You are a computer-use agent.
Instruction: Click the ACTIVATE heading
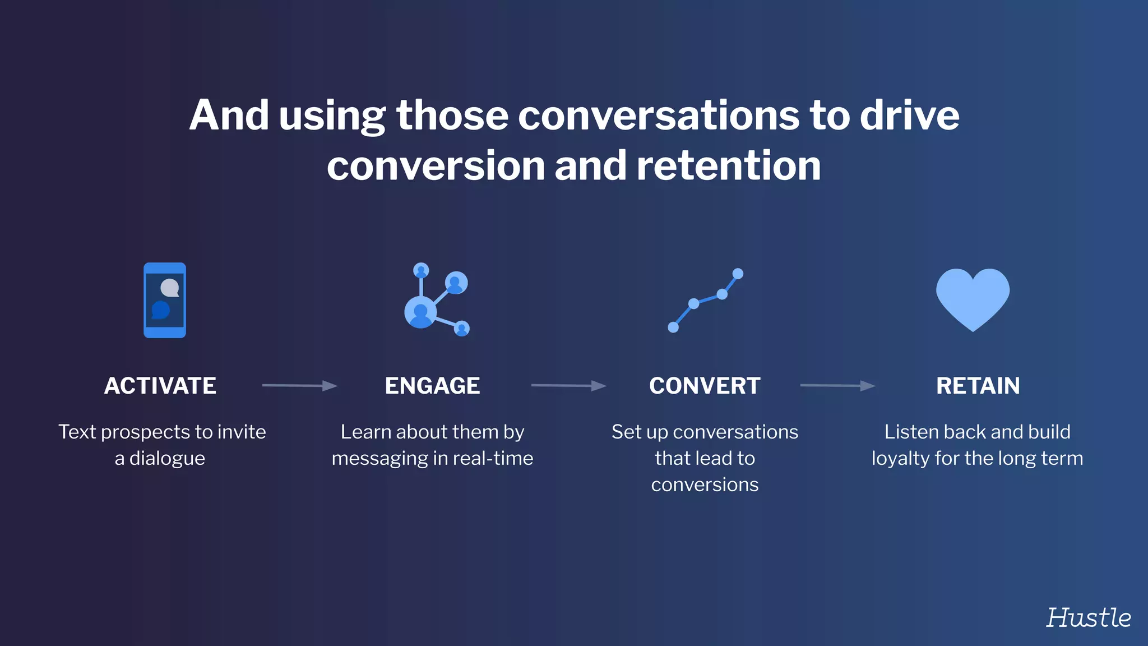click(x=160, y=386)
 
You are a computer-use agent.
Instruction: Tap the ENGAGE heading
click(x=432, y=386)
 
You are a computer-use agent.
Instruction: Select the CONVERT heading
click(x=705, y=386)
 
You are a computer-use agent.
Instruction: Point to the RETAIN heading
click(x=978, y=386)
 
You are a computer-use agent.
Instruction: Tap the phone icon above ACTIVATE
click(x=164, y=300)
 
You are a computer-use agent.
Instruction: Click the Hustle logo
click(x=1088, y=617)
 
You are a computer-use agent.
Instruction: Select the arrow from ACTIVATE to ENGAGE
click(x=299, y=385)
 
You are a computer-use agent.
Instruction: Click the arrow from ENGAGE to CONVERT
click(x=568, y=385)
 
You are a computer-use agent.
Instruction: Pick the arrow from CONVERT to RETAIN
click(x=837, y=385)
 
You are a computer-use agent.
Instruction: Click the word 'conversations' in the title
click(x=659, y=116)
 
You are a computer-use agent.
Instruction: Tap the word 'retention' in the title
click(x=729, y=166)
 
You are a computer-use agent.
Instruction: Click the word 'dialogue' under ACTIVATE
click(x=167, y=459)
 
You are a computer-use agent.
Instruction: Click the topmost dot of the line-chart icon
click(x=738, y=274)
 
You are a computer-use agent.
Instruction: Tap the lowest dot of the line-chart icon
click(x=673, y=327)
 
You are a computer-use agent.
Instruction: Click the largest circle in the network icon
click(x=420, y=312)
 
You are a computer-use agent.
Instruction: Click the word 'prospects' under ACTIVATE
click(x=146, y=432)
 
